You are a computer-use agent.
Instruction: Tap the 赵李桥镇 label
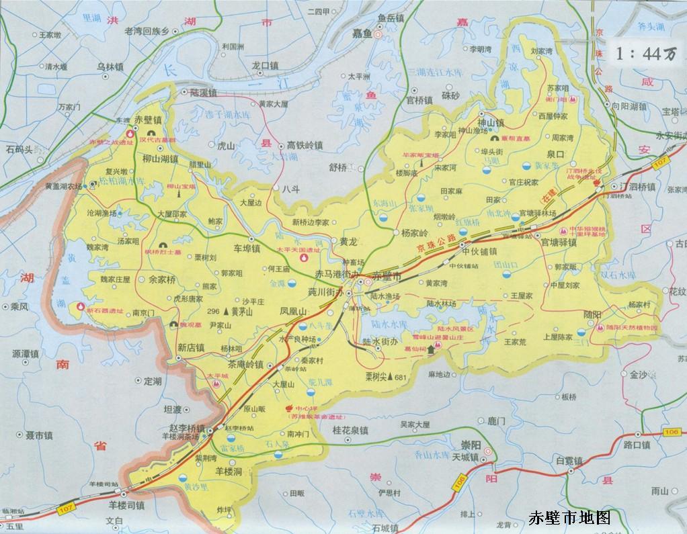point(187,429)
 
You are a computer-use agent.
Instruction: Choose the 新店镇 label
point(191,348)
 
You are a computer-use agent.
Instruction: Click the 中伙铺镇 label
point(479,252)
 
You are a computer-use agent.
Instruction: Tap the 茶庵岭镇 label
point(245,363)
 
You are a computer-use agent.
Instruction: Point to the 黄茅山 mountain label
point(240,312)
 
